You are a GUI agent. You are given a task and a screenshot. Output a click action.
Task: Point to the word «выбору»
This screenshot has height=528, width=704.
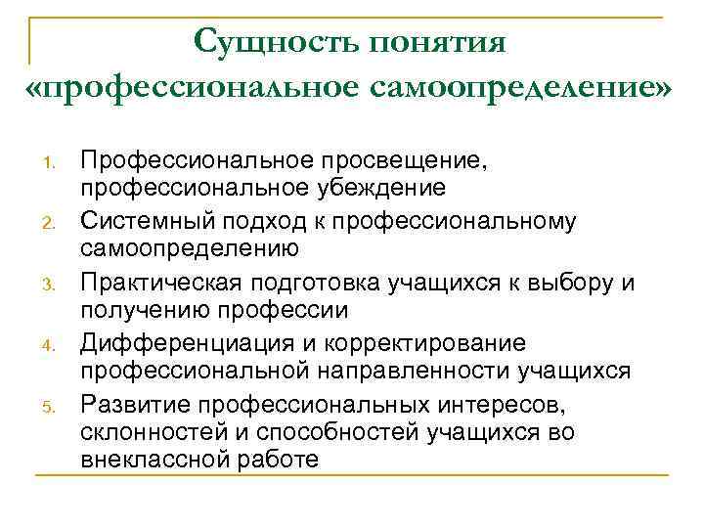click(570, 285)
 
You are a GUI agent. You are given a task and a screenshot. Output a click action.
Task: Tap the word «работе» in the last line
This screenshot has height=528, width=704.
click(278, 457)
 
